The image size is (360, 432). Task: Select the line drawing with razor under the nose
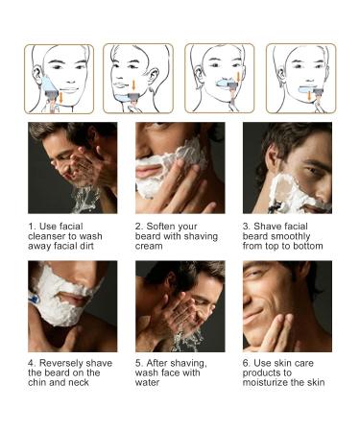(220, 79)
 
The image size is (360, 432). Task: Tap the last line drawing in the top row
(300, 79)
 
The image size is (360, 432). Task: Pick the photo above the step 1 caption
(72, 167)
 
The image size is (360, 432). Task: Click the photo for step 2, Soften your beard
(180, 167)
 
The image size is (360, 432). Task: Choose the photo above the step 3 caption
(287, 167)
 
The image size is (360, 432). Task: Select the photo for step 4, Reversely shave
(72, 305)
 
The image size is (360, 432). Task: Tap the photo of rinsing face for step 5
(180, 305)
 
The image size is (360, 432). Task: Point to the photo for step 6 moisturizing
(287, 305)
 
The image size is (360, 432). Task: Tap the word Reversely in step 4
(60, 364)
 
